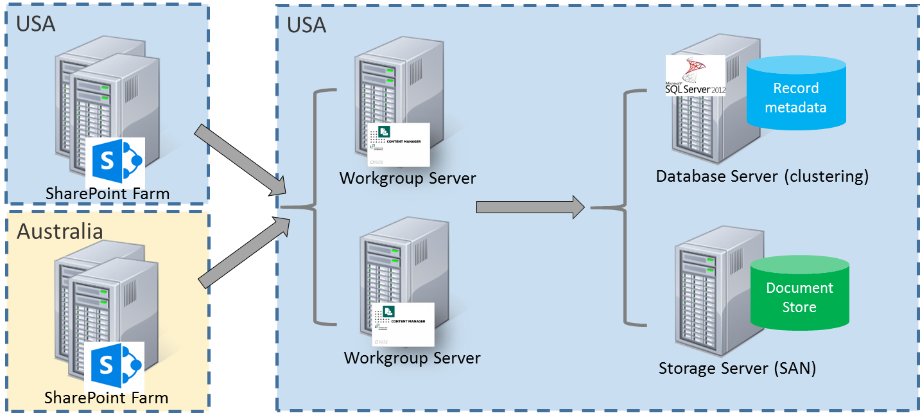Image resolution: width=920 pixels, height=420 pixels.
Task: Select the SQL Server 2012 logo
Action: (x=695, y=76)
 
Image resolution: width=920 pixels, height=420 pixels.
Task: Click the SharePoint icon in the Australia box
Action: (x=114, y=365)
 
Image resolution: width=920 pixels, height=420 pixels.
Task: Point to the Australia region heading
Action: (x=60, y=231)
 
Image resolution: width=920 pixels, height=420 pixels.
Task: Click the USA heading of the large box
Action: (x=306, y=25)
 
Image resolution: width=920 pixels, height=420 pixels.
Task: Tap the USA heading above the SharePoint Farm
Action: (x=36, y=23)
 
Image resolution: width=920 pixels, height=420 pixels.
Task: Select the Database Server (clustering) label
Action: (x=761, y=176)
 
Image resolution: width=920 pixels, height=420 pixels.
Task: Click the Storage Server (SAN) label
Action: (x=736, y=369)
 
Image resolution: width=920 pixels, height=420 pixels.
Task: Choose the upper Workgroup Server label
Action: (x=408, y=178)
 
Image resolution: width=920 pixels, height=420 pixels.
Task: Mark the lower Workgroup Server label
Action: (x=412, y=358)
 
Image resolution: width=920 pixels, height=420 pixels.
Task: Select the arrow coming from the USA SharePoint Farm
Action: (x=239, y=158)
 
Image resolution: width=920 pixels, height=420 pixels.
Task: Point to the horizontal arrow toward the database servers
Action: (x=530, y=207)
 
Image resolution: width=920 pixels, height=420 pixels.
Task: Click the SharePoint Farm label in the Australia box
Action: (x=107, y=398)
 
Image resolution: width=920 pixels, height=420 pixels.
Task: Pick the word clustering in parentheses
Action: (x=826, y=176)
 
